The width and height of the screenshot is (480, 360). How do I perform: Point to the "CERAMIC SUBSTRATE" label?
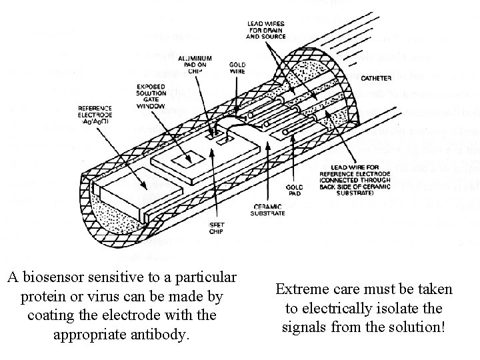(269, 210)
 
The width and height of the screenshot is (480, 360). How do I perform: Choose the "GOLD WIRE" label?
(237, 68)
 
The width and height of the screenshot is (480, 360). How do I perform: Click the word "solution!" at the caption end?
(417, 327)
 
